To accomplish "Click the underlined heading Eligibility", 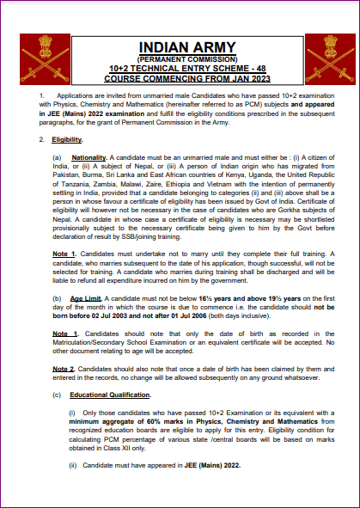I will (67, 138).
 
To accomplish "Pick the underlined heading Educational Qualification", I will (113, 395).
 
